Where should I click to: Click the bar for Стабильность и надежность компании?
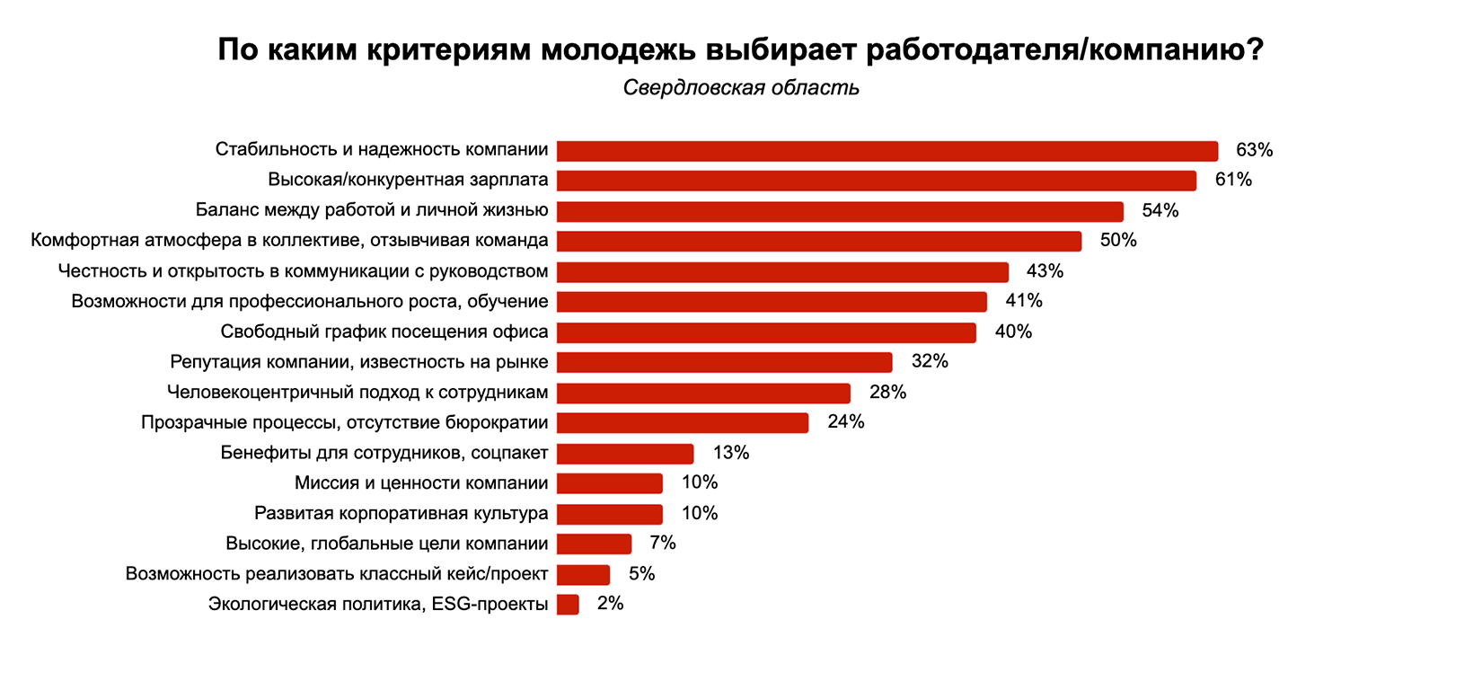[x=887, y=151]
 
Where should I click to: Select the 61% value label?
[x=1233, y=180]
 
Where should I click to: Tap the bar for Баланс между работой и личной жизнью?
[x=840, y=211]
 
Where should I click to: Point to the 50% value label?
[x=1118, y=240]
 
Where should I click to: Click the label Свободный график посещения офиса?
[x=384, y=332]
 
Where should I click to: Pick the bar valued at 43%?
[x=782, y=271]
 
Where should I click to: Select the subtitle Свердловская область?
[x=741, y=87]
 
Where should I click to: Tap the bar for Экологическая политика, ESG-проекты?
[x=568, y=605]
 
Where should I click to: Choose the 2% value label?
[x=610, y=604]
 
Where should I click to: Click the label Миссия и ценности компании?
[x=421, y=483]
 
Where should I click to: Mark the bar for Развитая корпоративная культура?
[x=610, y=514]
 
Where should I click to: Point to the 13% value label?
[x=730, y=453]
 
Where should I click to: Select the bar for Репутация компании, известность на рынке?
[x=724, y=362]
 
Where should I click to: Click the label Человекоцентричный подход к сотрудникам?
[x=357, y=393]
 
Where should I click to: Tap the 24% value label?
[x=845, y=422]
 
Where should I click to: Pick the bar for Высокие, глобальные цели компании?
[x=594, y=544]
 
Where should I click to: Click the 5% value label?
[x=641, y=573]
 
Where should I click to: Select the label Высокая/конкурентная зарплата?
[x=408, y=180]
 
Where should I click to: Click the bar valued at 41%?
[x=772, y=302]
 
